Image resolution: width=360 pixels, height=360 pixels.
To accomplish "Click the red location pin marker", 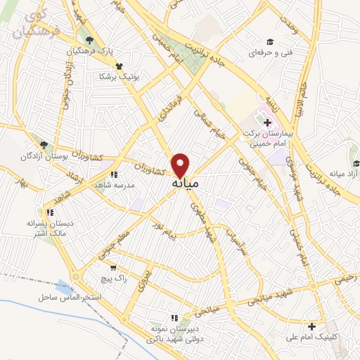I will click(x=181, y=165).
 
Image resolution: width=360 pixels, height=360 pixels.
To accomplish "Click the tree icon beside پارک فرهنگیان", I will click(x=89, y=39).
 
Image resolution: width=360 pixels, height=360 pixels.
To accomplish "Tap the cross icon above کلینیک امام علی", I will click(x=311, y=326).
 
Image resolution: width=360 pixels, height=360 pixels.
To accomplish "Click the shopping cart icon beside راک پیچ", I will click(x=112, y=267).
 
